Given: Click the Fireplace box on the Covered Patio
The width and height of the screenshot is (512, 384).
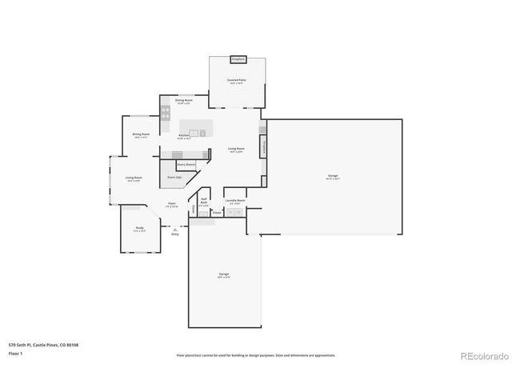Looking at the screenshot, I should (x=238, y=59).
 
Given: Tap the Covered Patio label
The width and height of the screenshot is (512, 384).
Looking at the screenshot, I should (x=236, y=81).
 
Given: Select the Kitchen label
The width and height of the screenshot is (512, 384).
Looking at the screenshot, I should (x=184, y=137).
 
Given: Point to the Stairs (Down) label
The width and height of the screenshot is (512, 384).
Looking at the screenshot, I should (x=186, y=164).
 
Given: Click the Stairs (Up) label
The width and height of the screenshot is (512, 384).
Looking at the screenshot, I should (x=174, y=177).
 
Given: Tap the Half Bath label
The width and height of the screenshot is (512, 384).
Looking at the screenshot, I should (x=205, y=202).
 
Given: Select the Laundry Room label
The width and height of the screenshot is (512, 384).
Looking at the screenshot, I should (x=235, y=202).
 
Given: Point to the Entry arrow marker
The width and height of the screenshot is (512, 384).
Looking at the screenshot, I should (x=174, y=230).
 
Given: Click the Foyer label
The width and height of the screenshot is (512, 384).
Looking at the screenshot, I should (x=172, y=205).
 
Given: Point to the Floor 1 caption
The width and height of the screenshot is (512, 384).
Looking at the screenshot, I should (x=14, y=353).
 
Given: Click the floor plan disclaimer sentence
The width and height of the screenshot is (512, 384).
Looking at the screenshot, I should (x=256, y=355).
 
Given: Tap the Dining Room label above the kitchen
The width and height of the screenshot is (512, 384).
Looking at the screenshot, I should (x=183, y=102).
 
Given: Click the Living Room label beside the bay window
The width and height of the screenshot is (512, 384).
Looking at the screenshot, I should (x=133, y=179).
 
